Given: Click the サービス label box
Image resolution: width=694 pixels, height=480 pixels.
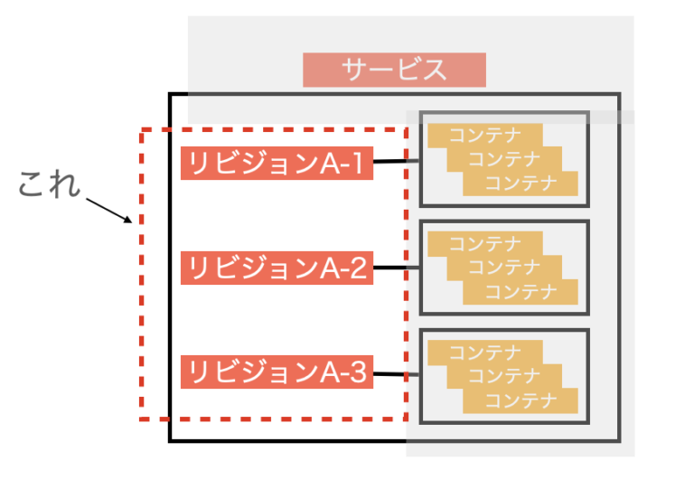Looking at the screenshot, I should pos(394,70).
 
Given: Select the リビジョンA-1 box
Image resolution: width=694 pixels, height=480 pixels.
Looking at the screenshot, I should pos(277,164).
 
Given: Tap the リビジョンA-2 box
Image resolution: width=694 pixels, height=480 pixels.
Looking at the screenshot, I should pos(277,268).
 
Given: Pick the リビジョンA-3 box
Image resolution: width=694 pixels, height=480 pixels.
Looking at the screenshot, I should pos(277,372).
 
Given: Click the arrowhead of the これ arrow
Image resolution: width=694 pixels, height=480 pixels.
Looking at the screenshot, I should pos(129,220).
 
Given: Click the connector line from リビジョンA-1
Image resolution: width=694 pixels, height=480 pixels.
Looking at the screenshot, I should pos(396,162).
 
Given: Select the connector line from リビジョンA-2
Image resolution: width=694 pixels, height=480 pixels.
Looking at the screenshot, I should pos(396,268).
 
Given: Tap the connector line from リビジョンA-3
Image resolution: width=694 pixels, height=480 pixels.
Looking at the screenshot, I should pos(396,374).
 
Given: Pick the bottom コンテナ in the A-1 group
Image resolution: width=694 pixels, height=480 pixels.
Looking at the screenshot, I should pos(520,184).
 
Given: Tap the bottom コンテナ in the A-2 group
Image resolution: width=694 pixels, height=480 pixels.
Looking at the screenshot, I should pos(520,291).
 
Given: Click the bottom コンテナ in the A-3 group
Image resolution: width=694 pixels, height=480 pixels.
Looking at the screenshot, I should pos(520,400).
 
